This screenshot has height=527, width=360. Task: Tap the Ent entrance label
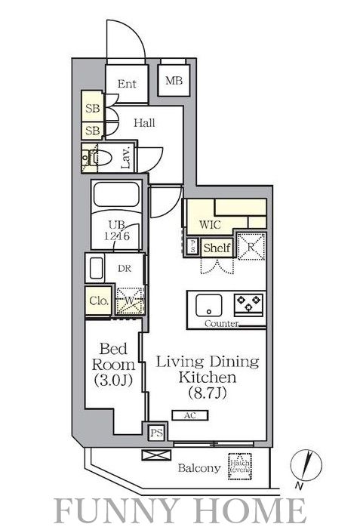coord(126,85)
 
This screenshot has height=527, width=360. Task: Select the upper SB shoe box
coord(92,108)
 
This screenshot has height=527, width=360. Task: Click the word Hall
coord(144,122)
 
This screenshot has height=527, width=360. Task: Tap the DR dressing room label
coord(124,267)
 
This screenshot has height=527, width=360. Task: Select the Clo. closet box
coord(98,301)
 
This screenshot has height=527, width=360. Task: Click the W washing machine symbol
coord(129,300)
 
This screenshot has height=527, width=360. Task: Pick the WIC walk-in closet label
coord(210,224)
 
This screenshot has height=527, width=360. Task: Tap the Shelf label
coord(217,248)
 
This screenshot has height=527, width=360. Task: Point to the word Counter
coord(222,323)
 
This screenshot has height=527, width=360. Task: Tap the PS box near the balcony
coord(156,433)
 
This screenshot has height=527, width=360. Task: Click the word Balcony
coord(199,468)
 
